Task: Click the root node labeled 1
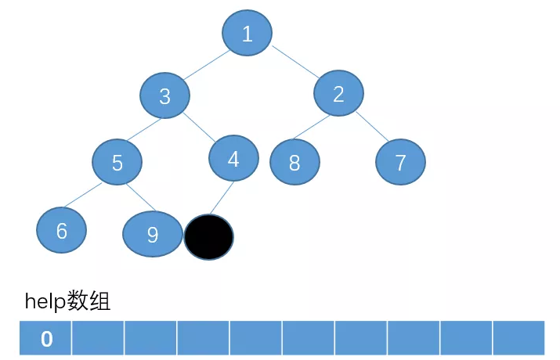point(247,33)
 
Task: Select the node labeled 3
point(165,95)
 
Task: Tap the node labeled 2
point(339,94)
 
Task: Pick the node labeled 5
point(117,162)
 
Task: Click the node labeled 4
point(233,159)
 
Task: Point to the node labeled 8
point(295,162)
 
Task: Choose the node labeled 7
point(400,162)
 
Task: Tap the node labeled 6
point(61,230)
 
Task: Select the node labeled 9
point(153,234)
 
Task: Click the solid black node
point(208,237)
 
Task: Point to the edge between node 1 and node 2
point(294,63)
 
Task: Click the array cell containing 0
point(46,338)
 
